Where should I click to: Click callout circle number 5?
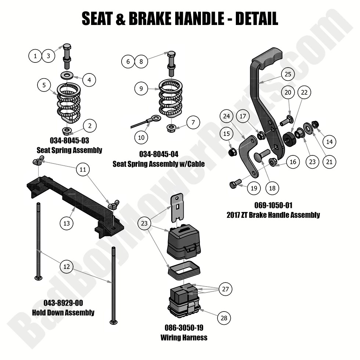44,85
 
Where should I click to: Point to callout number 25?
288,74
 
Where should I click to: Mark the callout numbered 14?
330,141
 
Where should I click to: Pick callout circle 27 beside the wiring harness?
225,289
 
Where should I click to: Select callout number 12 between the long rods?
66,266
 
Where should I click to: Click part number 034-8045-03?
69,141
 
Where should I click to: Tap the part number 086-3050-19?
184,328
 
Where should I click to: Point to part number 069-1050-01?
273,205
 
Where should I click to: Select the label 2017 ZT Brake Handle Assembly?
273,215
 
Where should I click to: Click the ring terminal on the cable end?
155,119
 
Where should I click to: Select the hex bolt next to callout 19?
235,185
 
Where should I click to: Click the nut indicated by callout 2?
67,131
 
